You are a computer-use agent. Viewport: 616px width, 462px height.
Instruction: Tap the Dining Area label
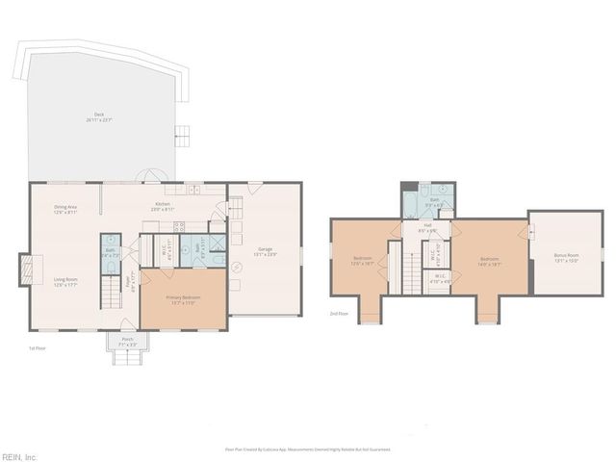[65, 209]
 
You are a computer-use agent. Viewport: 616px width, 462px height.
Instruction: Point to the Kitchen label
[164, 205]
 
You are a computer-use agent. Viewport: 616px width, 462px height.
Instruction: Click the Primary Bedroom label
[183, 299]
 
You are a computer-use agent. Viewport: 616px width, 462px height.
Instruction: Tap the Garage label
[265, 252]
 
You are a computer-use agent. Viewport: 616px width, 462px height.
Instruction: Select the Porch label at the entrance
[128, 341]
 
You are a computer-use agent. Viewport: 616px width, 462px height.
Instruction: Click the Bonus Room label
[566, 258]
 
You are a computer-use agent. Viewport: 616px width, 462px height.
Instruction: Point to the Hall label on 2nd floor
[426, 229]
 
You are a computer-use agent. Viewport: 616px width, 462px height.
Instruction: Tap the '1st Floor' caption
[37, 348]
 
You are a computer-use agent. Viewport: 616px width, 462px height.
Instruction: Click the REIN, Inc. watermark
[19, 456]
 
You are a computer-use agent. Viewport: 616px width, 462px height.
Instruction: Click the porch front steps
[127, 358]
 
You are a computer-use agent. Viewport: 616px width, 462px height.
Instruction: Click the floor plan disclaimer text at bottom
[308, 449]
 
